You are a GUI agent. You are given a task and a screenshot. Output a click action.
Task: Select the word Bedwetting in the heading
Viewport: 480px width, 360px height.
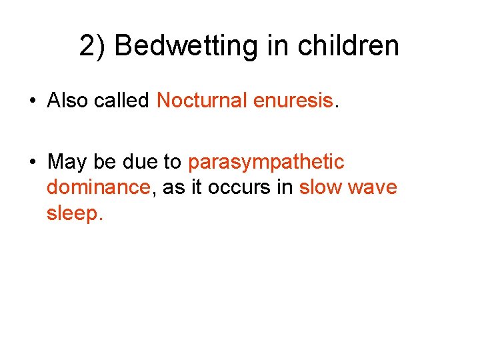pyautogui.click(x=185, y=47)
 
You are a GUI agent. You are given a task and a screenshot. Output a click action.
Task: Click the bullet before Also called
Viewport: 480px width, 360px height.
pyautogui.click(x=32, y=101)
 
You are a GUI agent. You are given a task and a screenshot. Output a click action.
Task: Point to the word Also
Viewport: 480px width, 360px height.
pyautogui.click(x=67, y=101)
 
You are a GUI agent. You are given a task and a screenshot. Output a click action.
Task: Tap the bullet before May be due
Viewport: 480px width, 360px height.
pyautogui.click(x=32, y=163)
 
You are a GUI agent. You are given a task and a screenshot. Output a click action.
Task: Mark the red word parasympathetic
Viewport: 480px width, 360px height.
pyautogui.click(x=266, y=163)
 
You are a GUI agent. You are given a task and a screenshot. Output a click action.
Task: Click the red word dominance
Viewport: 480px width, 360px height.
pyautogui.click(x=98, y=187)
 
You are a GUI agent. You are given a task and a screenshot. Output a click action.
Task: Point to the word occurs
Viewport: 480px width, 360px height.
pyautogui.click(x=237, y=187)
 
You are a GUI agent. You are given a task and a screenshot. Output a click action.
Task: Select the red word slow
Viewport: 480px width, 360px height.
pyautogui.click(x=321, y=187)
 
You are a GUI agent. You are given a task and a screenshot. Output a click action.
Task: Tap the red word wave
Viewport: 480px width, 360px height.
pyautogui.click(x=373, y=187)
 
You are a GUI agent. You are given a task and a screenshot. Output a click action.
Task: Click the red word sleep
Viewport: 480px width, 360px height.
pyautogui.click(x=74, y=213)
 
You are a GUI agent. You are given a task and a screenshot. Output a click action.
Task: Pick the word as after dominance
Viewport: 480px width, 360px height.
pyautogui.click(x=173, y=187)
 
